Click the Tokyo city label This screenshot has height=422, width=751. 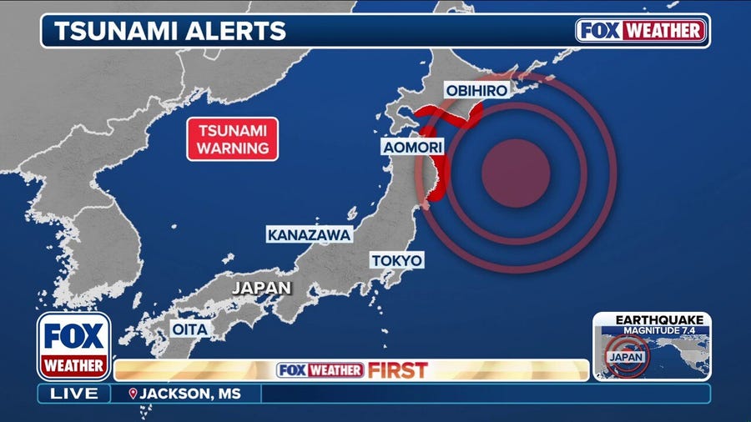[397, 260]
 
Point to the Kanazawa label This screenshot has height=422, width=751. [309, 235]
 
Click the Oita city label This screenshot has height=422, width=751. [189, 329]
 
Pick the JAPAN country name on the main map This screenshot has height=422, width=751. [261, 288]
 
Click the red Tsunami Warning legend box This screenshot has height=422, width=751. [232, 139]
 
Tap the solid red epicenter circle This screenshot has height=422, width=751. [516, 173]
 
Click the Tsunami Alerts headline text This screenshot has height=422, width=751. [170, 31]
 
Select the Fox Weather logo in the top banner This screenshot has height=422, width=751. [641, 31]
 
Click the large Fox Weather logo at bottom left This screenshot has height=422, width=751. [73, 345]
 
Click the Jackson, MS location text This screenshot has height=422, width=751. [181, 394]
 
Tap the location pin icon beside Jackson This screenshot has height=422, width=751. [132, 394]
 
